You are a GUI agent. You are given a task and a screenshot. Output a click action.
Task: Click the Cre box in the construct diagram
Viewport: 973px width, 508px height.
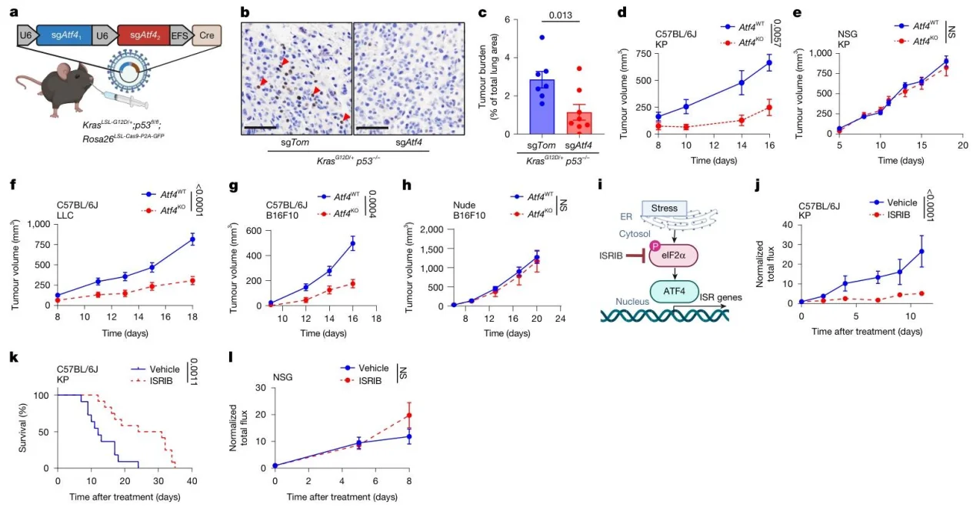pyautogui.click(x=207, y=35)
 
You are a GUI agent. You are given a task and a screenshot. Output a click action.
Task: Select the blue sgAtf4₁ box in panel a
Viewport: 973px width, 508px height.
pyautogui.click(x=65, y=35)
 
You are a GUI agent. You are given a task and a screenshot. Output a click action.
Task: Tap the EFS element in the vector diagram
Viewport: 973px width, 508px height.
pyautogui.click(x=179, y=36)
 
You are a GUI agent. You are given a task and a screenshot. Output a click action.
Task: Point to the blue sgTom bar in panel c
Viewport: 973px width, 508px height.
pyautogui.click(x=541, y=106)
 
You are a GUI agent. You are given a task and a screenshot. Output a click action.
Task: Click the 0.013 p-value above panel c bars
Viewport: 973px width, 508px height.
pyautogui.click(x=561, y=15)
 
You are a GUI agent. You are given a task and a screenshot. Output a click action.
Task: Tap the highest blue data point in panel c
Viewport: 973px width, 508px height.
pyautogui.click(x=541, y=38)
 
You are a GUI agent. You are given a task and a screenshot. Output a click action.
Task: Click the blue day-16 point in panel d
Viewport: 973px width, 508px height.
pyautogui.click(x=769, y=62)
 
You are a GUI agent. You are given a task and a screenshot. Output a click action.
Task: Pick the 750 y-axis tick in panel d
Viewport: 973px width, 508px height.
pyautogui.click(x=643, y=53)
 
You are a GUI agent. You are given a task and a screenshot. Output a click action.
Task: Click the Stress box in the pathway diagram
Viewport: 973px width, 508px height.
pyautogui.click(x=664, y=208)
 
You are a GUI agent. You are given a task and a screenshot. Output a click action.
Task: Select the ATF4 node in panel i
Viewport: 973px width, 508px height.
pyautogui.click(x=674, y=291)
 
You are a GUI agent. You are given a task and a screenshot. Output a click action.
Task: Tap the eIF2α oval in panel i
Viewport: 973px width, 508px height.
pyautogui.click(x=674, y=256)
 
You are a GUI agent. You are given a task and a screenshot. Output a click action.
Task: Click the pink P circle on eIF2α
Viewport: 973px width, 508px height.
pyautogui.click(x=654, y=246)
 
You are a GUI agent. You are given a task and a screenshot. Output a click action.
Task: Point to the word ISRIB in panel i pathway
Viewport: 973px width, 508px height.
pyautogui.click(x=611, y=256)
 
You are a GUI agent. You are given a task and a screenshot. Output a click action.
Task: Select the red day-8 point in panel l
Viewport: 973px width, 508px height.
pyautogui.click(x=408, y=415)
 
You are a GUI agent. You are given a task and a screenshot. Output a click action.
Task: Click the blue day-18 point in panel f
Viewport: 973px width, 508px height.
pyautogui.click(x=192, y=239)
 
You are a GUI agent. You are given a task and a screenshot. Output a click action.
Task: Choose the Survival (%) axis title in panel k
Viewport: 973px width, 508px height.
pyautogui.click(x=22, y=428)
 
